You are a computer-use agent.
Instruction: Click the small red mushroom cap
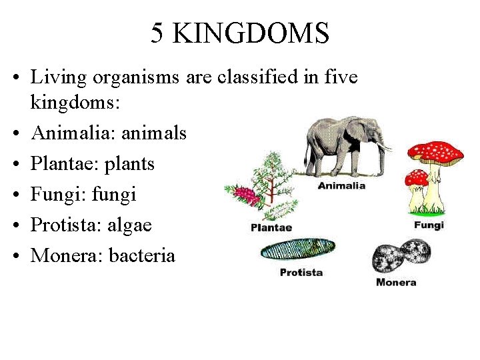coord(417,177)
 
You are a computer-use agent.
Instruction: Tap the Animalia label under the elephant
coord(341,185)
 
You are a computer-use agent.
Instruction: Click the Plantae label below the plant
coord(271,228)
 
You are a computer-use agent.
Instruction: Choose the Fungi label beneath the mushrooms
coord(429,225)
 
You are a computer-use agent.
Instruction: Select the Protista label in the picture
coord(301,272)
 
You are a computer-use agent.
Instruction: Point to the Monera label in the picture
coord(396,282)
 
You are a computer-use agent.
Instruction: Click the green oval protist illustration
coord(297,250)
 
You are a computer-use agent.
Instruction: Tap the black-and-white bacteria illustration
coord(401,257)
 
